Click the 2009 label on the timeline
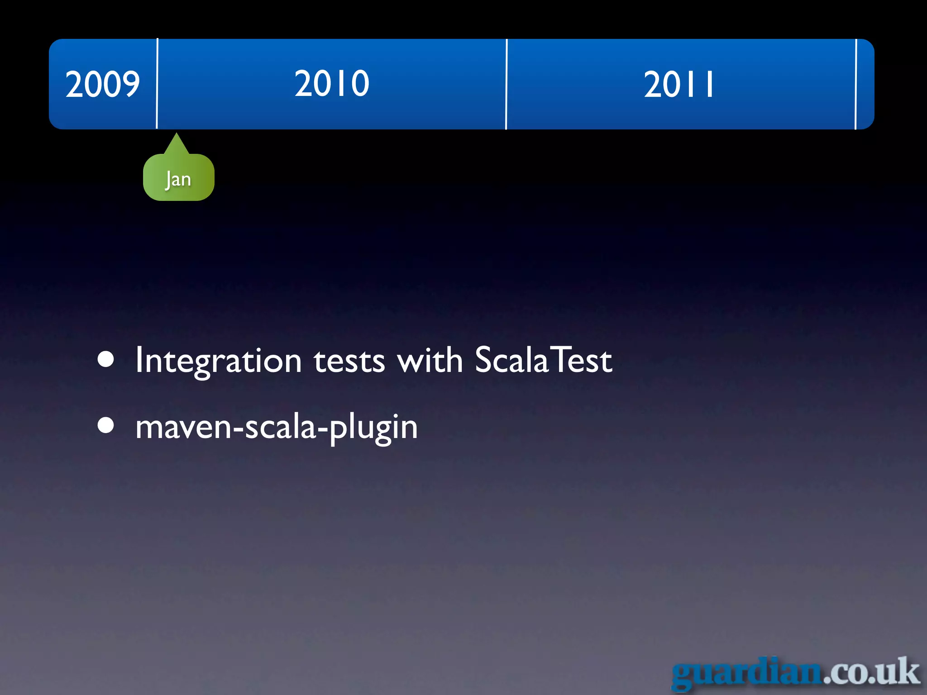(x=102, y=84)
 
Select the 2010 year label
(x=332, y=84)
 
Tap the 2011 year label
(x=679, y=85)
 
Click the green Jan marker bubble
(x=178, y=179)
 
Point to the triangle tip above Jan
(x=176, y=135)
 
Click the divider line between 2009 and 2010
(x=157, y=84)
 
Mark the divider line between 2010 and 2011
(x=507, y=84)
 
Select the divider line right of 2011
(x=856, y=84)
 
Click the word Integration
(x=218, y=361)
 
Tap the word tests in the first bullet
(x=349, y=361)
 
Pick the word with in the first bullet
(x=430, y=360)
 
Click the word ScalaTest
(x=543, y=360)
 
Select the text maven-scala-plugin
(x=276, y=427)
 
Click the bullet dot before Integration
(x=106, y=360)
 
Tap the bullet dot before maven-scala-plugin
(x=106, y=425)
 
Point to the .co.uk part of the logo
(x=871, y=672)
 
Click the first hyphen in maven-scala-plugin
(x=238, y=428)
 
